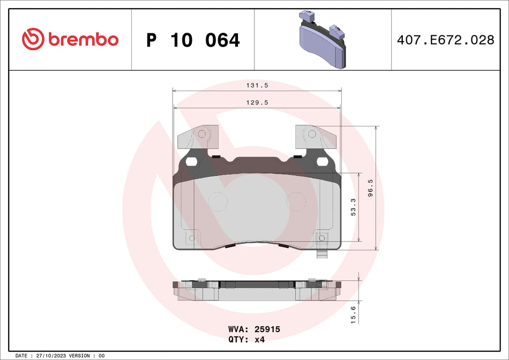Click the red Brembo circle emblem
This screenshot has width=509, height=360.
coord(32,39)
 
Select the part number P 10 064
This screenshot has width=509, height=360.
coord(193,40)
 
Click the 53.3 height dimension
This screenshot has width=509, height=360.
coord(353,207)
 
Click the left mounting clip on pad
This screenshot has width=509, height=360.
coord(198,137)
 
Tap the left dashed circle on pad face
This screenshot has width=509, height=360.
coord(217,201)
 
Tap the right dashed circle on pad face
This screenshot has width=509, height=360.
coord(296,201)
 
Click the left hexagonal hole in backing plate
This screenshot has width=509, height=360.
coord(191,161)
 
